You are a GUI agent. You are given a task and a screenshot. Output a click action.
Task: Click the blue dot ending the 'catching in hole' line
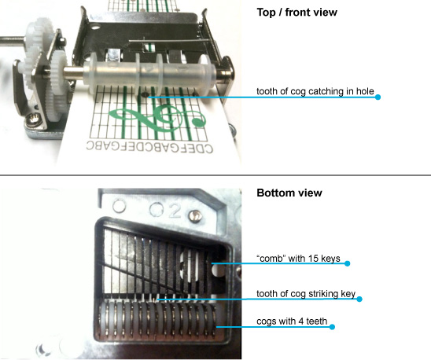coord(378,97)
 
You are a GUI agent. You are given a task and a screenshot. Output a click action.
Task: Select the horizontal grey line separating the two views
coord(215,174)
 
